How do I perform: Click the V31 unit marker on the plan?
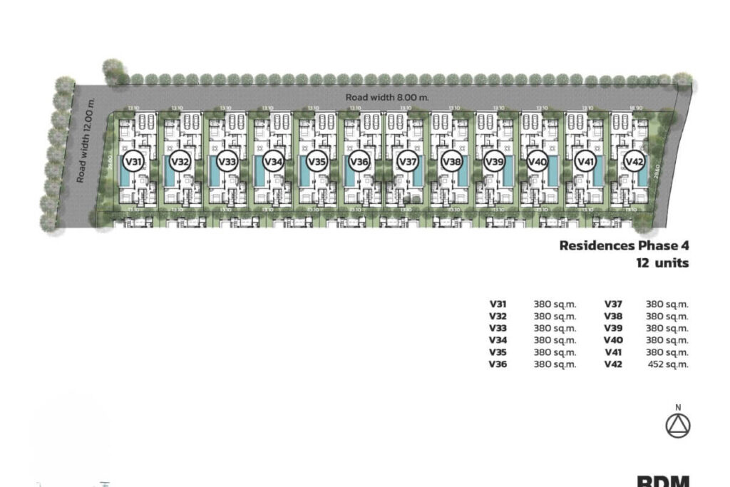coord(133,162)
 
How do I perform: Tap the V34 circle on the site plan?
coord(273,162)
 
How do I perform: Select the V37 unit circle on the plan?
coord(407,162)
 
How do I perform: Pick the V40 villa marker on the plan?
coord(537,162)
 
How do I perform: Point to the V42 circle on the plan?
coord(634,162)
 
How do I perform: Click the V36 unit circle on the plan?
coord(359,162)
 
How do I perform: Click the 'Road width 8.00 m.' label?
coord(387,96)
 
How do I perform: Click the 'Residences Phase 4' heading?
coord(624,245)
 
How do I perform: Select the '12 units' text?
coord(662,262)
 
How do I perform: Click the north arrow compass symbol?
coord(678,426)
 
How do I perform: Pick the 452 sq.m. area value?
coord(667,364)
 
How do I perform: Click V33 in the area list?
coord(498,328)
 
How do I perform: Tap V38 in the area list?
coord(613,316)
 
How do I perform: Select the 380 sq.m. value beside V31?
coord(555,304)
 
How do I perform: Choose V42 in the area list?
coord(613,364)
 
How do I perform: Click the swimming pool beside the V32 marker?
coord(170,171)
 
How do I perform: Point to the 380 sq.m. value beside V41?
coord(667,352)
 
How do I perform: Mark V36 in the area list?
coord(498,364)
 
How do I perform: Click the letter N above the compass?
coord(678,407)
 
